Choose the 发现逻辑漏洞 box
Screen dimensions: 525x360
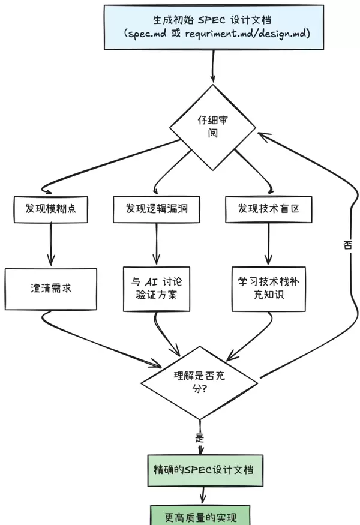pyautogui.click(x=155, y=208)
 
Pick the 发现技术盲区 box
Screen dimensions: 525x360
pyautogui.click(x=268, y=208)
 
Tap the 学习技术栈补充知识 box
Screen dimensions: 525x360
pyautogui.click(x=269, y=289)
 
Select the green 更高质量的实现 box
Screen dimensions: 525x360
pyautogui.click(x=199, y=515)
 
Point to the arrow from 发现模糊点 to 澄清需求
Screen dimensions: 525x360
pyautogui.click(x=51, y=244)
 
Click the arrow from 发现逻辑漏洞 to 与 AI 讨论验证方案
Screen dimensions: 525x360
pyautogui.click(x=157, y=242)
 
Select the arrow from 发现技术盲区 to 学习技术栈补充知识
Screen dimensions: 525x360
pyautogui.click(x=268, y=244)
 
